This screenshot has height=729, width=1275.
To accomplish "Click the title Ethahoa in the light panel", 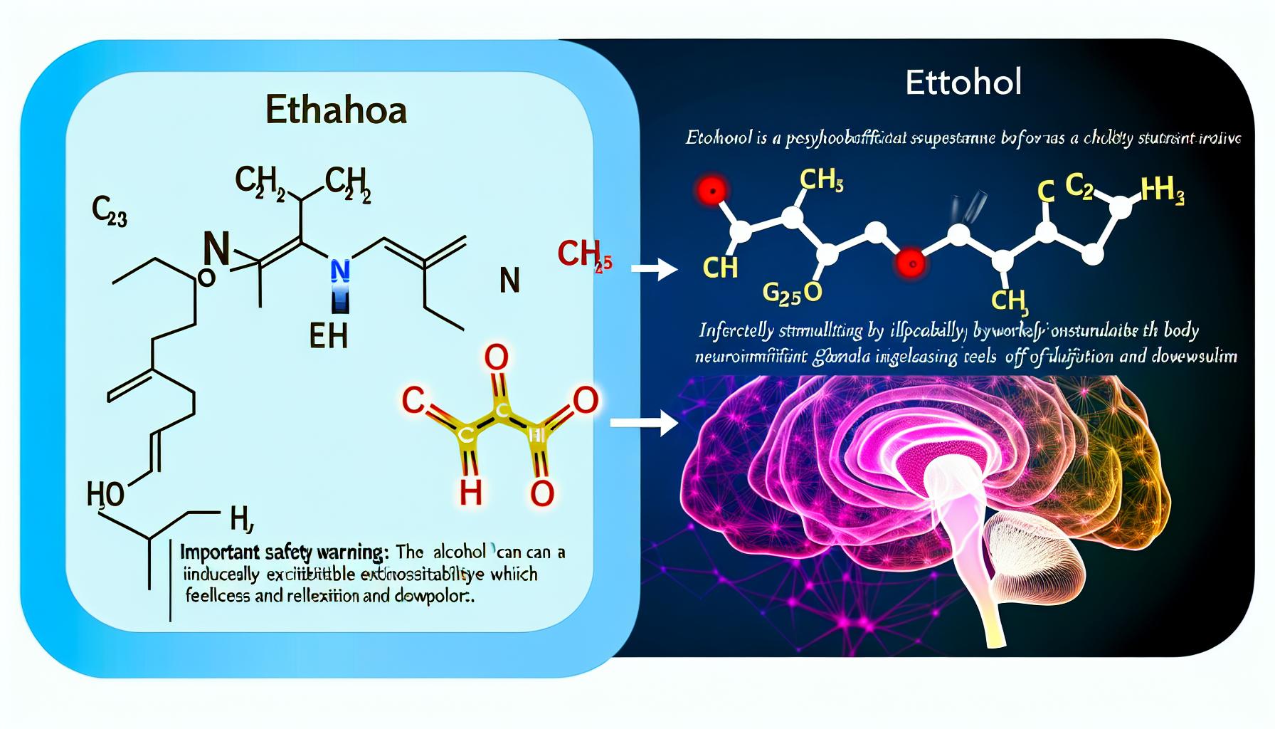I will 336,111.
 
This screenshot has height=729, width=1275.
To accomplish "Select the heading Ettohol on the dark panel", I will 963,83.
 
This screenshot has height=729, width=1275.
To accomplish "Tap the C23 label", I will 109,211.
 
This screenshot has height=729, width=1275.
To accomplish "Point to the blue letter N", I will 340,271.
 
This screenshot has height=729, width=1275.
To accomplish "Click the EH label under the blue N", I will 328,335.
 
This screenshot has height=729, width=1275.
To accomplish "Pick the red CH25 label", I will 584,254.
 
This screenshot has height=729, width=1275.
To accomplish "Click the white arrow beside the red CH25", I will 654,270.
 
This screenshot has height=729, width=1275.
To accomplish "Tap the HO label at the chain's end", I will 105,493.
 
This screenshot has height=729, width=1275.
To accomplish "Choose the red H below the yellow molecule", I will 470,492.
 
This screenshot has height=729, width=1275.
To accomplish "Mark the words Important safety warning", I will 281,552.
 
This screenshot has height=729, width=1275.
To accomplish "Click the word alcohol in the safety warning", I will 459,552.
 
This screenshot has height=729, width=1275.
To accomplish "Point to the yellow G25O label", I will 792,293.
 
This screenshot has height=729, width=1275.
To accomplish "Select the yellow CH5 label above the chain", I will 821,180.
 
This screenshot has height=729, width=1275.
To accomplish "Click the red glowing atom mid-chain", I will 911,263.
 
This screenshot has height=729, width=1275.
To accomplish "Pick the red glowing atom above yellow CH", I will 712,190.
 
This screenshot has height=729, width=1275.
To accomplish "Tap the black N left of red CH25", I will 509,281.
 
